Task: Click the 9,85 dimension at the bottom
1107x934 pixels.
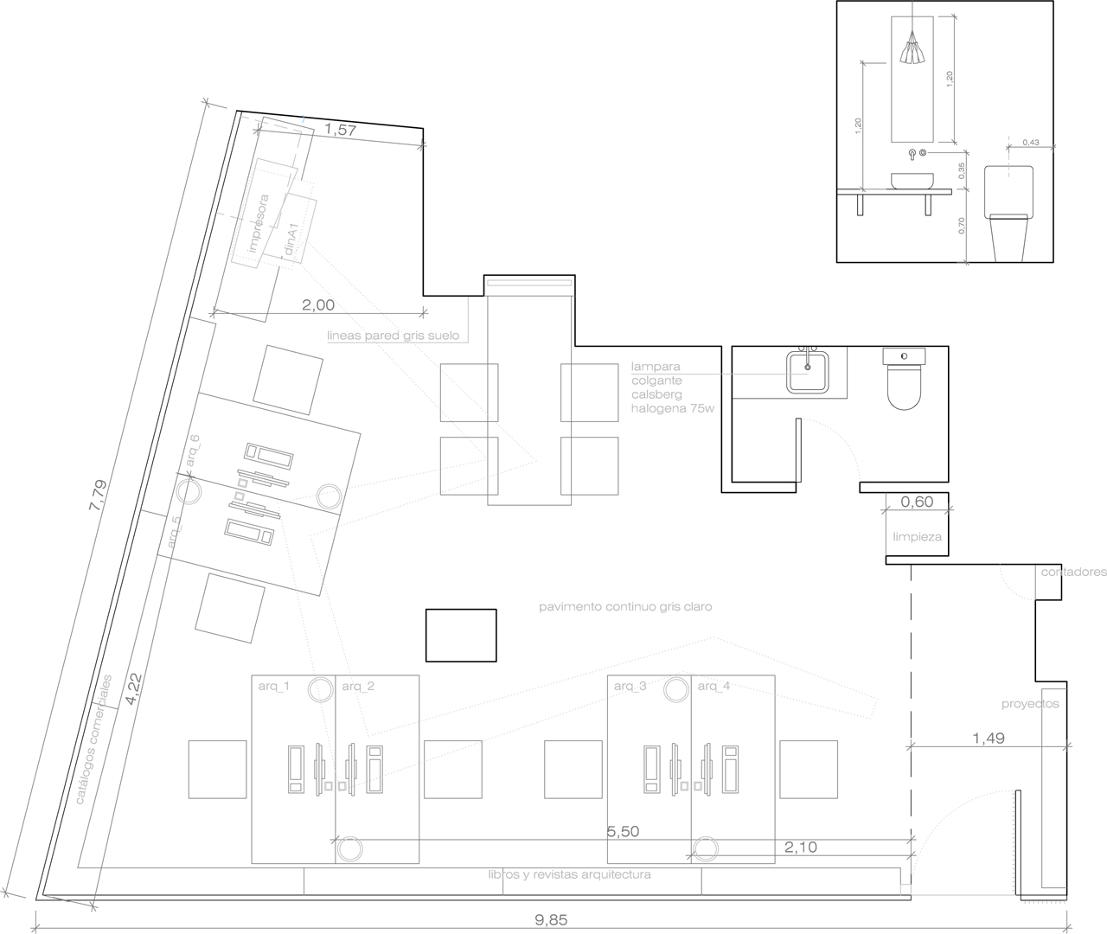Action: [551, 920]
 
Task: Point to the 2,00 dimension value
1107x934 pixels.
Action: [317, 305]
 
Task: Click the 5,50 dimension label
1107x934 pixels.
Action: [623, 832]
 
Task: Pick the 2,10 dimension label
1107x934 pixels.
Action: [800, 848]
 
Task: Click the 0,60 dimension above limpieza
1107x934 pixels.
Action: [917, 502]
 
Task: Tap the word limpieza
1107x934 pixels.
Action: [917, 537]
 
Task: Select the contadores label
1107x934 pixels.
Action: [1073, 573]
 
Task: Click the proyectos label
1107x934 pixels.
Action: [1030, 704]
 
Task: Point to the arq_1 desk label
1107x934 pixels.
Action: [273, 686]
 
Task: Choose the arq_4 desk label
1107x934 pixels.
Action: [713, 686]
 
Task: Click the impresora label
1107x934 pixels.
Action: [258, 223]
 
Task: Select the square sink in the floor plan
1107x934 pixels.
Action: [809, 372]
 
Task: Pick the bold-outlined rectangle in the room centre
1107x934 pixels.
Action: [461, 635]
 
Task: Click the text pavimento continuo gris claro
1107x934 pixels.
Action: [624, 607]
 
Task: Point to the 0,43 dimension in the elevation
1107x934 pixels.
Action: [1031, 142]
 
